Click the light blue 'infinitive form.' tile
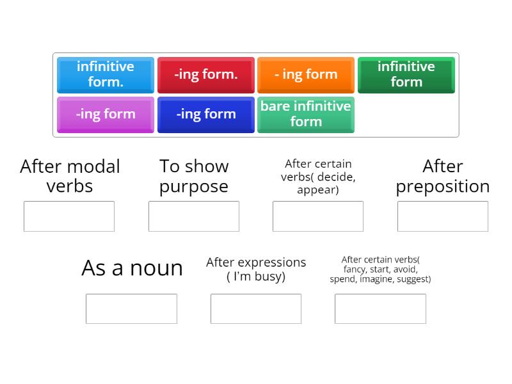[x=106, y=75]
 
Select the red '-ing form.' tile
[x=205, y=75]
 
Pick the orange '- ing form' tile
[x=306, y=75]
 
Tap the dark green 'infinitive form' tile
[x=406, y=75]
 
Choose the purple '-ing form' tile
[x=106, y=115]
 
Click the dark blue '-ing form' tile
[x=205, y=115]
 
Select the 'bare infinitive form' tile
[x=306, y=115]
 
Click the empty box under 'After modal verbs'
[x=69, y=216]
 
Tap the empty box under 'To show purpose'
[x=194, y=216]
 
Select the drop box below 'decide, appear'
[x=318, y=216]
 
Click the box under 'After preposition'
[x=443, y=216]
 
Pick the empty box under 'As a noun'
[x=132, y=309]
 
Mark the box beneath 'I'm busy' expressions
[x=256, y=309]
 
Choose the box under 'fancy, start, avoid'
[x=380, y=309]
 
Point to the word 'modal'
[x=95, y=166]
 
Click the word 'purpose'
[x=194, y=188]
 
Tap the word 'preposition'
[x=443, y=188]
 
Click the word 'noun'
[x=156, y=269]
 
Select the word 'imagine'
[x=377, y=279]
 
